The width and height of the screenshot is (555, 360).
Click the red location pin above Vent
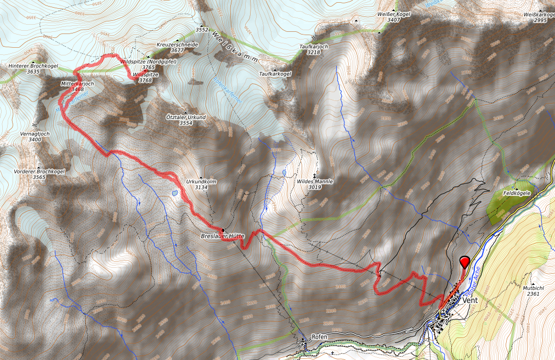point(465,262)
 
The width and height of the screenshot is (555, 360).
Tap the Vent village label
point(471,301)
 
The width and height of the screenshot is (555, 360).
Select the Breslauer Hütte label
point(222,235)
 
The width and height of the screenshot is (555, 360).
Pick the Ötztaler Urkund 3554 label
point(186,120)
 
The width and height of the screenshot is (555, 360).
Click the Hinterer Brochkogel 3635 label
point(33,68)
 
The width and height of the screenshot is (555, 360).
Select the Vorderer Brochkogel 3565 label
point(38,174)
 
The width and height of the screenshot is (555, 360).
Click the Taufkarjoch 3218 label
point(314,49)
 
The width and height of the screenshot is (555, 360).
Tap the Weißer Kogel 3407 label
point(393,16)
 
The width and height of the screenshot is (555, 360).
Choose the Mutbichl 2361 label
point(532,290)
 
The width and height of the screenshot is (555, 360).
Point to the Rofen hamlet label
point(319,336)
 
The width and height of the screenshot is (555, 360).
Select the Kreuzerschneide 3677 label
point(177,47)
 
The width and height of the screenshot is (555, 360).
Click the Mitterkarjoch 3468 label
point(78,86)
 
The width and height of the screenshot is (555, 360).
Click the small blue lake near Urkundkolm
point(174,193)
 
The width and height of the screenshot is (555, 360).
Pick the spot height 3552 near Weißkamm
point(202,30)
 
